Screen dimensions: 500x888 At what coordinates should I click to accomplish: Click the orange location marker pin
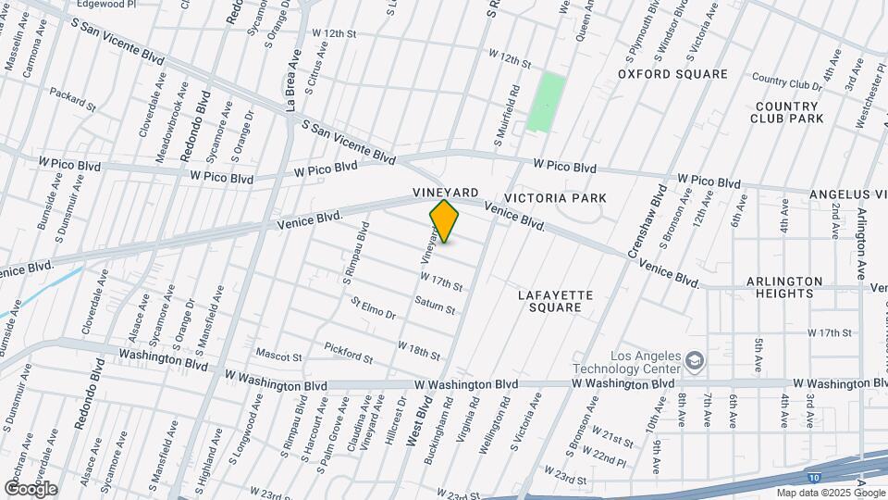click(445, 221)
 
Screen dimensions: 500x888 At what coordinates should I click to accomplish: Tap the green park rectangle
click(546, 102)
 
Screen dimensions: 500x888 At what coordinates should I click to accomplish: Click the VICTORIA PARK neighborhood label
click(555, 198)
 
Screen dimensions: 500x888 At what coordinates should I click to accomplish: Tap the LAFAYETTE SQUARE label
click(555, 301)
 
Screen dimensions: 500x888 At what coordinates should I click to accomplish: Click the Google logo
click(31, 488)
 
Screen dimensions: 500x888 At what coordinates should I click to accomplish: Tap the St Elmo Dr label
click(373, 308)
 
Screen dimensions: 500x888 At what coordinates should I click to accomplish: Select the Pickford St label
click(348, 353)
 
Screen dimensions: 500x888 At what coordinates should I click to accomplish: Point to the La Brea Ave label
click(293, 81)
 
